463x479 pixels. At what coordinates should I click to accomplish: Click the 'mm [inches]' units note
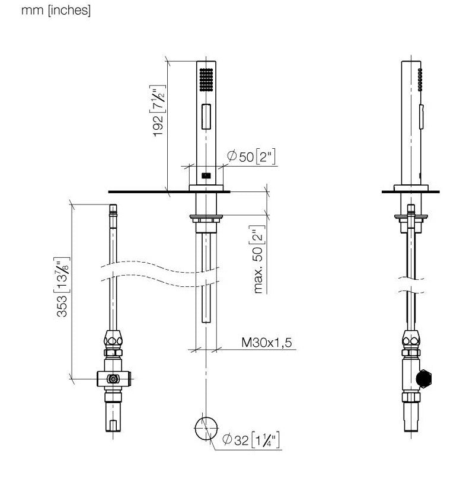[56, 11]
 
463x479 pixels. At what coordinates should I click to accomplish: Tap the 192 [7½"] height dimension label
[159, 111]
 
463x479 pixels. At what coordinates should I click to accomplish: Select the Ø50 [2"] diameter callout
[251, 157]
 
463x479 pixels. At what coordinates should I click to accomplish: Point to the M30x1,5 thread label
[267, 343]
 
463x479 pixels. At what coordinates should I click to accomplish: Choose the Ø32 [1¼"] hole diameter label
[251, 440]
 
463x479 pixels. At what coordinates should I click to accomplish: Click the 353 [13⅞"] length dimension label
[63, 287]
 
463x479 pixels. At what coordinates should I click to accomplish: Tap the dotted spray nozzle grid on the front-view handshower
[206, 79]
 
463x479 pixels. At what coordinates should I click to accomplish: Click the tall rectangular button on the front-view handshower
[206, 116]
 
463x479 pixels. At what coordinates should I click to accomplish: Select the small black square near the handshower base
[206, 175]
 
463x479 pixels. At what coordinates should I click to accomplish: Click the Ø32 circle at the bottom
[206, 428]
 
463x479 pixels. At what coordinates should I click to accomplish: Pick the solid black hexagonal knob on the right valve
[424, 379]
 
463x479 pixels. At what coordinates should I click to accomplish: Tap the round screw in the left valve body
[113, 379]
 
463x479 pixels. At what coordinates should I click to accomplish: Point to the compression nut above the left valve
[113, 339]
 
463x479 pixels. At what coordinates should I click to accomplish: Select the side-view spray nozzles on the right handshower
[420, 79]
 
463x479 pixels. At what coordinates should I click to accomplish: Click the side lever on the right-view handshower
[422, 116]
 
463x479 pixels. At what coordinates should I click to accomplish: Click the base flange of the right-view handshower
[411, 188]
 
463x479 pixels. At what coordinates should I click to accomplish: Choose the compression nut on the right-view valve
[411, 339]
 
